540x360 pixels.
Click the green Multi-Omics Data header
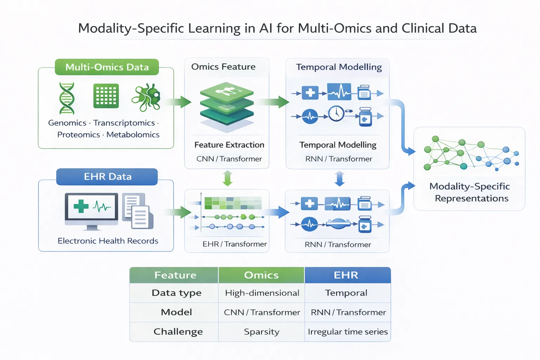coord(107,67)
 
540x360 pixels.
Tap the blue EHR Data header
coord(107,176)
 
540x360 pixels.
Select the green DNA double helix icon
coord(67,98)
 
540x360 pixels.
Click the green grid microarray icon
coord(106,96)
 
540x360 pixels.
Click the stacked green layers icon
coord(227,104)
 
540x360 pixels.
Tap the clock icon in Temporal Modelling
coord(336,113)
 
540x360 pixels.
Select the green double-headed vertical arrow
coord(228,178)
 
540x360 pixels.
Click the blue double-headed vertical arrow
coord(340,179)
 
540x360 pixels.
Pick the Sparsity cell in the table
coord(262,332)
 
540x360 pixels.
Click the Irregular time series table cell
coord(348,332)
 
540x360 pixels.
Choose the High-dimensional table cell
coord(262,293)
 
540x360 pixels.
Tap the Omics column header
coord(261,275)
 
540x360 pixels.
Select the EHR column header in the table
coord(346,275)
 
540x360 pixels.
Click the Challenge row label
coord(178,332)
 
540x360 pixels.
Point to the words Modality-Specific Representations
coord(470,192)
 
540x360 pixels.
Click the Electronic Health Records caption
coord(108,241)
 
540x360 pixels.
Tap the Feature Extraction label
coord(229,145)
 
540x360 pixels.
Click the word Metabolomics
coord(133,135)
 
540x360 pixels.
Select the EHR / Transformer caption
coord(234,244)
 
